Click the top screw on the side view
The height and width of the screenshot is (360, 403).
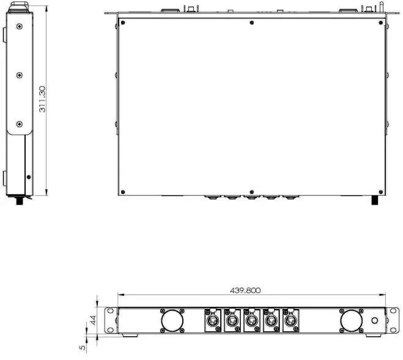point(20,26)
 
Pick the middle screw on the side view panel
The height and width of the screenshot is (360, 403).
point(20,75)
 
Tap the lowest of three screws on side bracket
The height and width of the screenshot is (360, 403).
point(20,124)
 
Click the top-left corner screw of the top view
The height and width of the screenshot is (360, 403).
point(124,23)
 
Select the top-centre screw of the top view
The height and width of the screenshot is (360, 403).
point(252,23)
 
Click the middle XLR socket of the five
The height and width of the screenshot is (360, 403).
point(251,320)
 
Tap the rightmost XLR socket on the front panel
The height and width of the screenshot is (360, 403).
point(290,320)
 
